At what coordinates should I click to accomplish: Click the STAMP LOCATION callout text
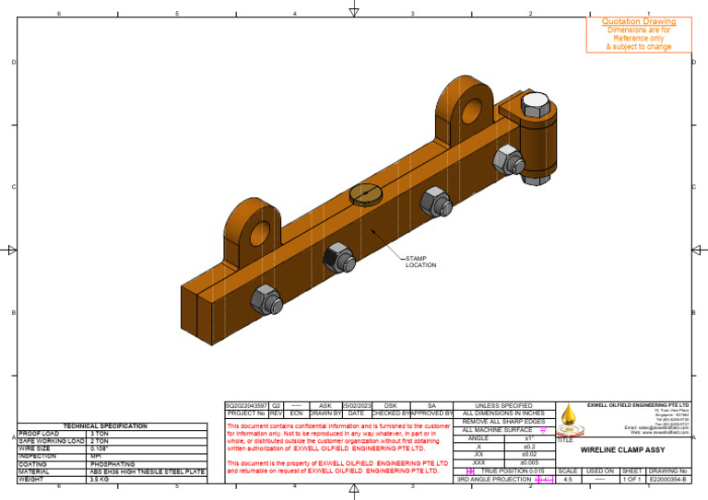[x=420, y=262]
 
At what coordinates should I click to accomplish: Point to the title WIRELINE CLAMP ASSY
[x=610, y=450]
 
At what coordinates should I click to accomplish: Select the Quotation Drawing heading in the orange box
[x=639, y=21]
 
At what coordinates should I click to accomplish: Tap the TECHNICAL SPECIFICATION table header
[x=105, y=426]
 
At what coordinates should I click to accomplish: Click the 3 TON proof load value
[x=101, y=434]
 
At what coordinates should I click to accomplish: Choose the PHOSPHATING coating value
[x=112, y=464]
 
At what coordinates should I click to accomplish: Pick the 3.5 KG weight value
[x=100, y=479]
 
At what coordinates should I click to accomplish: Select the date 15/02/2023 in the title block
[x=356, y=404]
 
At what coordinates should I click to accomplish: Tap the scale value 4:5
[x=568, y=479]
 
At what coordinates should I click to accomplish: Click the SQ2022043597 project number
[x=246, y=404]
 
